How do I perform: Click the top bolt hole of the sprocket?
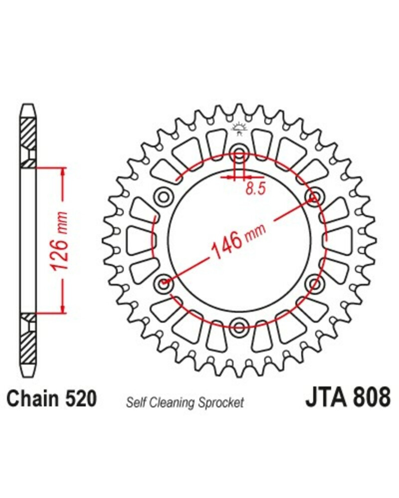(x=239, y=151)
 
